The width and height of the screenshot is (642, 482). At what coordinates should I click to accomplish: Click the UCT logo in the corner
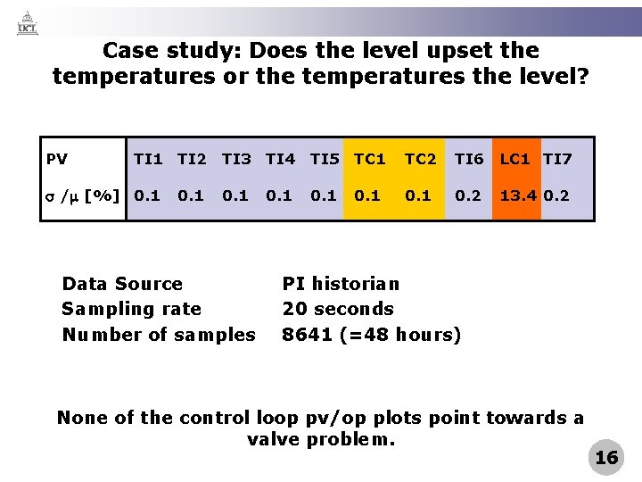point(28,22)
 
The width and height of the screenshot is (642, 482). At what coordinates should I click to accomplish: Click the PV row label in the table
point(57,160)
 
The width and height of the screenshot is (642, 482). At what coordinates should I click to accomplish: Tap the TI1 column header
point(147,160)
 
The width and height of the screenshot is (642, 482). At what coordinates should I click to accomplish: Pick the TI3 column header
point(236,160)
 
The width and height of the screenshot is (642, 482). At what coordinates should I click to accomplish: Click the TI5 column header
point(325,160)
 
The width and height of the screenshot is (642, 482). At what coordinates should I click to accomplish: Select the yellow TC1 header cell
point(370,160)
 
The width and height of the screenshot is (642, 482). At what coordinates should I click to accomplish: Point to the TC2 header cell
point(420,160)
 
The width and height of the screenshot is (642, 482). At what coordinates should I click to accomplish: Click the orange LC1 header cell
point(515,160)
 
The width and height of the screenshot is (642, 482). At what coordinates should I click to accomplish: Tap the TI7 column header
point(558,160)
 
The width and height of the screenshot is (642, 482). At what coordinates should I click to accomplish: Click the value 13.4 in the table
point(516,195)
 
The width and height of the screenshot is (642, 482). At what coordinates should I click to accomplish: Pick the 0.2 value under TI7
point(558,195)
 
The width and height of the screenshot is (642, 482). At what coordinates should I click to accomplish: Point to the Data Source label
point(122,284)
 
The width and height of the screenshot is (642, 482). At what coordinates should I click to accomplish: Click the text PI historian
point(341,284)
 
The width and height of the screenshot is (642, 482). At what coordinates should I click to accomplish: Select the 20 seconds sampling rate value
point(338,309)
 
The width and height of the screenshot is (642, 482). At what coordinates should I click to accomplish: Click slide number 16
point(606,458)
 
